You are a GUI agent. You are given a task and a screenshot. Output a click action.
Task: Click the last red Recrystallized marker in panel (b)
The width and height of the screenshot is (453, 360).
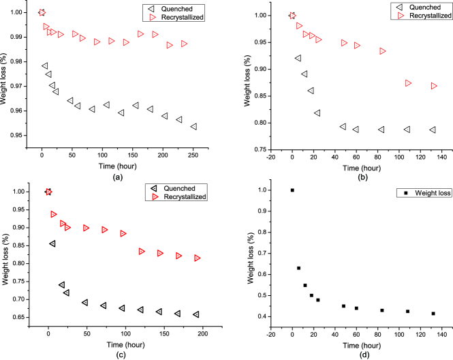[x=434, y=86]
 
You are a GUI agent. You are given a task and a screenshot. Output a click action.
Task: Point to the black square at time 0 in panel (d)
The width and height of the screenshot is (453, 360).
[x=292, y=190]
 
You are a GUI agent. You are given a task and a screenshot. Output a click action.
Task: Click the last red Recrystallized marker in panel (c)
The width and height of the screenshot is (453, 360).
[x=198, y=258]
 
